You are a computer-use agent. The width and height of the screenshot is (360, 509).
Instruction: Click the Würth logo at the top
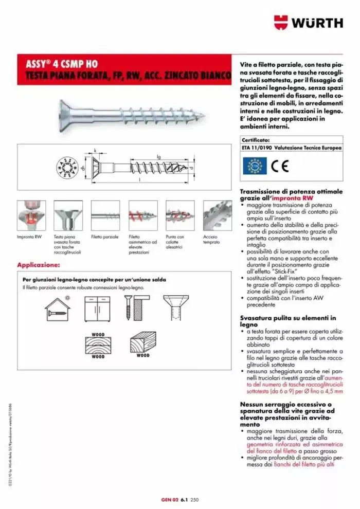[x=309, y=23]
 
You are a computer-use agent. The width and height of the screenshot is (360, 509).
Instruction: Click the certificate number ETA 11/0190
[x=258, y=147]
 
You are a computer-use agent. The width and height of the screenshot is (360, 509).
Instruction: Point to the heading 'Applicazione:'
[x=39, y=265]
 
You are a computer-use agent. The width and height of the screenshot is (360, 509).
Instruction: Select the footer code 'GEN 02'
[x=169, y=499]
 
